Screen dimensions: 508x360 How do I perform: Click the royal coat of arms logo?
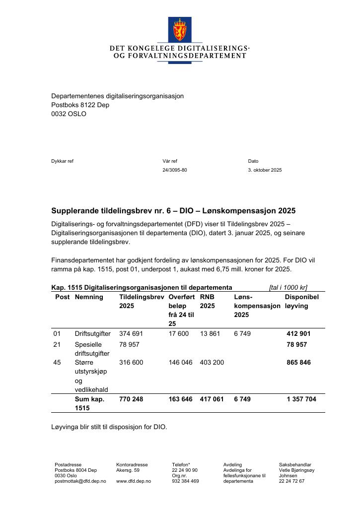point(180,29)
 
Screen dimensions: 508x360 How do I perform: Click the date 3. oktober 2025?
point(265,170)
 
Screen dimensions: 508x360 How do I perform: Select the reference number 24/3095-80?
point(175,170)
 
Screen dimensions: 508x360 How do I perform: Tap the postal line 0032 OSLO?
point(69,114)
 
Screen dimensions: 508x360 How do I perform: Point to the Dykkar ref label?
point(62,161)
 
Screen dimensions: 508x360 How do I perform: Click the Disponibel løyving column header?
point(301,302)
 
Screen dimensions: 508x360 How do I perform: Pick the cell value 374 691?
point(131,334)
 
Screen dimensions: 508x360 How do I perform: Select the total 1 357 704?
point(301,399)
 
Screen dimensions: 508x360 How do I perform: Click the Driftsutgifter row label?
point(93,334)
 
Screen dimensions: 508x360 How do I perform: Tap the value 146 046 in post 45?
point(180,363)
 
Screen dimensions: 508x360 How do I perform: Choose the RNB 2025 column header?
point(208,302)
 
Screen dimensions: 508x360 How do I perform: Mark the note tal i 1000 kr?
point(288,287)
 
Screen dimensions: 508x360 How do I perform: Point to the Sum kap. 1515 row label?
point(89,403)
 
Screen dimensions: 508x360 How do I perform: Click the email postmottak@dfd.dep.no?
point(80,481)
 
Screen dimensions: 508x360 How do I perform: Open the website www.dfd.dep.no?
point(134,481)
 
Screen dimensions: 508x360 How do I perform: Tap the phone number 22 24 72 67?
point(291,481)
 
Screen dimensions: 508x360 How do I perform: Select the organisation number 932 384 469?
point(185,481)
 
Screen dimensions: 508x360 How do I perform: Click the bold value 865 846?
point(298,363)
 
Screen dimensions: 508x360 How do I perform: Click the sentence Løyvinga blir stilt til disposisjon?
point(109,427)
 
